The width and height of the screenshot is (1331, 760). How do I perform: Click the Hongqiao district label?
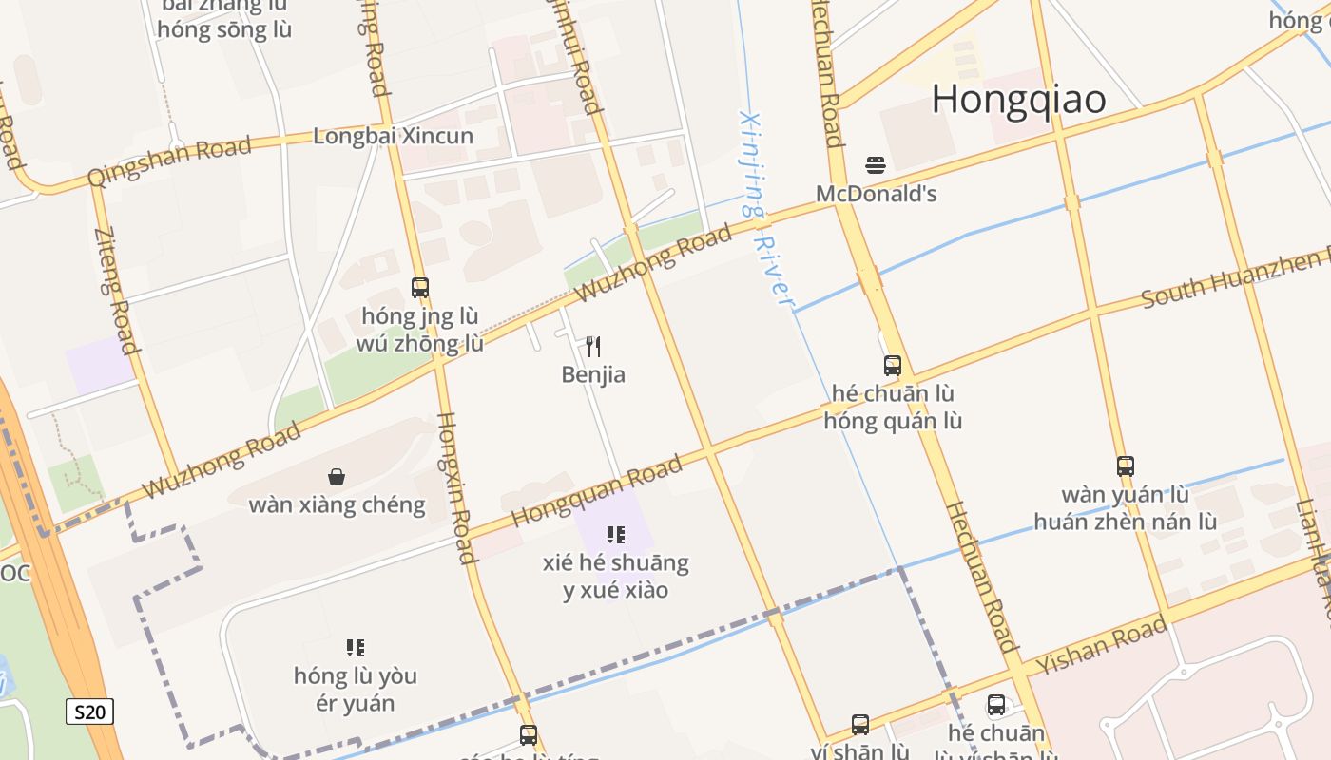coord(1018,100)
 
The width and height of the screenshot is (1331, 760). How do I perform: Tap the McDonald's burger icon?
coord(876,165)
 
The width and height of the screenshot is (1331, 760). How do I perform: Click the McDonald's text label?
coord(876,194)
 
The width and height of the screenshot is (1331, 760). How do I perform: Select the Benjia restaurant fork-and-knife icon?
coord(593,346)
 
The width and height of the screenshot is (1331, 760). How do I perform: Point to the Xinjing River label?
coord(766,209)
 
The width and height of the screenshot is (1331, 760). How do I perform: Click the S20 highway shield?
coord(89,712)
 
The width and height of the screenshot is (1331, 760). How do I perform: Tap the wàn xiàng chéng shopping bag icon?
coord(336,476)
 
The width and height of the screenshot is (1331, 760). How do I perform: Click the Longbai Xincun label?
coord(393,136)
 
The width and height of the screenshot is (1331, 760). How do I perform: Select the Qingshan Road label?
coord(169,161)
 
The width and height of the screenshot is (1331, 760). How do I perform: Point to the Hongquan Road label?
coord(597,491)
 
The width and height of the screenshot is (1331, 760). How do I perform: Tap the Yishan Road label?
coord(1100,645)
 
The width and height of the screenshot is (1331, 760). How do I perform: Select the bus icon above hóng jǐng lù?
coord(419,287)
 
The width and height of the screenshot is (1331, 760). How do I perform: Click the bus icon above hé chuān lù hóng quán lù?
coord(892,365)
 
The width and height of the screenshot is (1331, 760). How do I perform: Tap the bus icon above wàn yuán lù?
coord(1126,466)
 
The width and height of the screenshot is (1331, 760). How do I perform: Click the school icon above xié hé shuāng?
coord(615,534)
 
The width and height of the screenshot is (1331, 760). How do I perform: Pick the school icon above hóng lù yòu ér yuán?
coord(355,648)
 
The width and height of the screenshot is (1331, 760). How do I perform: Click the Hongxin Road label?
coord(455,488)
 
